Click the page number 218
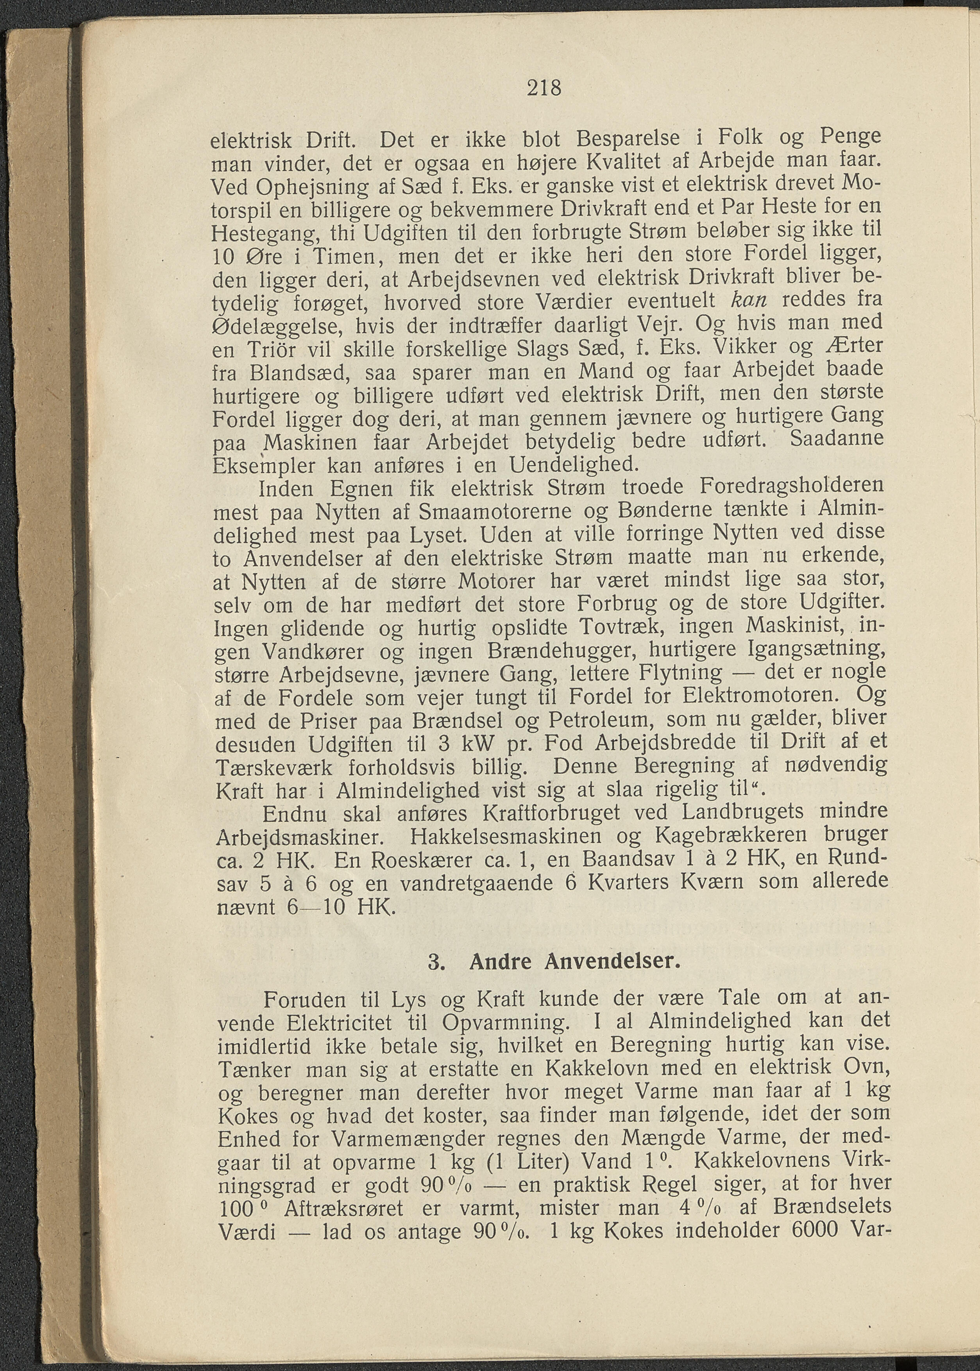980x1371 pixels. click(544, 89)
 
